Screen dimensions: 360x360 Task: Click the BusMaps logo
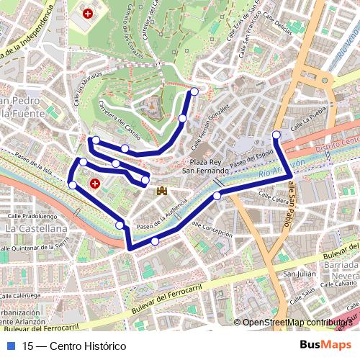point(325,345)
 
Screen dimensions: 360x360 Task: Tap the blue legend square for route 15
point(9,346)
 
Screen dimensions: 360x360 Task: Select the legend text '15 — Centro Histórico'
point(74,346)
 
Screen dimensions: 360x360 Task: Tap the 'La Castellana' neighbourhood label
point(36,228)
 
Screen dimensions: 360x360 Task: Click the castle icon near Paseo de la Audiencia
point(162,190)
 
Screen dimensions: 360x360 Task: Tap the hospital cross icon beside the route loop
point(95,185)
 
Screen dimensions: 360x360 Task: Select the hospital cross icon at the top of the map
point(89,13)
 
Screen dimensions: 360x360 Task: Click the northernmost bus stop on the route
point(194,91)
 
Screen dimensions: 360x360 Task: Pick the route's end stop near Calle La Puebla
point(276,135)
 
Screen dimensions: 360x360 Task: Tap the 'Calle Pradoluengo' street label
point(32,215)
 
